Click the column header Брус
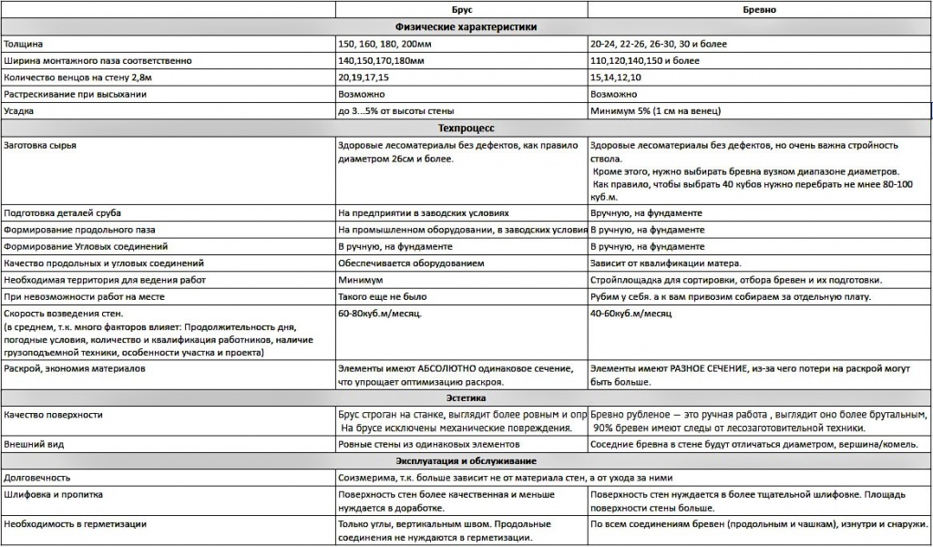[461, 9]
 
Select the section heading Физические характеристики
[466, 26]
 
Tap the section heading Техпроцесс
[466, 128]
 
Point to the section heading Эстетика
[466, 397]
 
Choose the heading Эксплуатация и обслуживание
[466, 460]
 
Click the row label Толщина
[24, 44]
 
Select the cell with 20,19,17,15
[363, 77]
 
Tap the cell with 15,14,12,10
[616, 77]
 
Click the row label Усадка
[20, 111]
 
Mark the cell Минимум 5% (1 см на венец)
[655, 111]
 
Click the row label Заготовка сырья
[40, 145]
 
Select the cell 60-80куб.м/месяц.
[381, 313]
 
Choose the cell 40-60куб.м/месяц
[631, 313]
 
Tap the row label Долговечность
[37, 478]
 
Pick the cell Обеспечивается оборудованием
[410, 263]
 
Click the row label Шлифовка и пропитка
[53, 494]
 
